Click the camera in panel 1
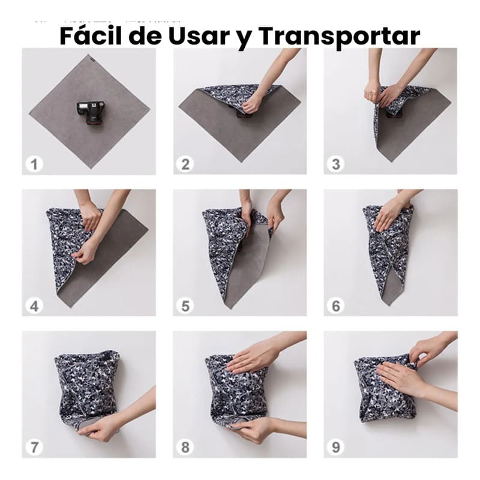(91, 112)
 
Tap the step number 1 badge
(34, 164)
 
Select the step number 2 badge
(185, 164)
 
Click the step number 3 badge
(336, 164)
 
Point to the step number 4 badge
(34, 306)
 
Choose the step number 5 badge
(185, 306)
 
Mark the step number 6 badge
(336, 306)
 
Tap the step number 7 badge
(34, 447)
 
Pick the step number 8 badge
(185, 447)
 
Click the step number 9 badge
(336, 447)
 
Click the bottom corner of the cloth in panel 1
(91, 168)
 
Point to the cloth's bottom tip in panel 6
(389, 305)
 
